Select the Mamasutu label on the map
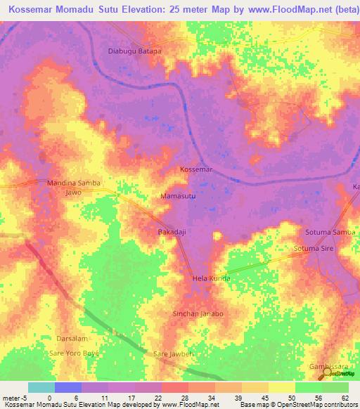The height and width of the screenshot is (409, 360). coord(178,196)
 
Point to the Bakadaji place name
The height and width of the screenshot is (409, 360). coord(172,231)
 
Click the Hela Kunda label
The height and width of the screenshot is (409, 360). coord(211,279)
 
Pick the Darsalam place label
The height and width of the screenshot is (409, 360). coord(72,338)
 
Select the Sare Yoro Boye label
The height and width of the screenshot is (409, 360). coord(74,352)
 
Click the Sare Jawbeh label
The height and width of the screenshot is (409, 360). coord(173,353)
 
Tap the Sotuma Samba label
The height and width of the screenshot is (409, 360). coord(330,232)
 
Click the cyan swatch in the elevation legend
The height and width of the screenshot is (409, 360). coord(41,387)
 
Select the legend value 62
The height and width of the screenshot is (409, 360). coord(345,398)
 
